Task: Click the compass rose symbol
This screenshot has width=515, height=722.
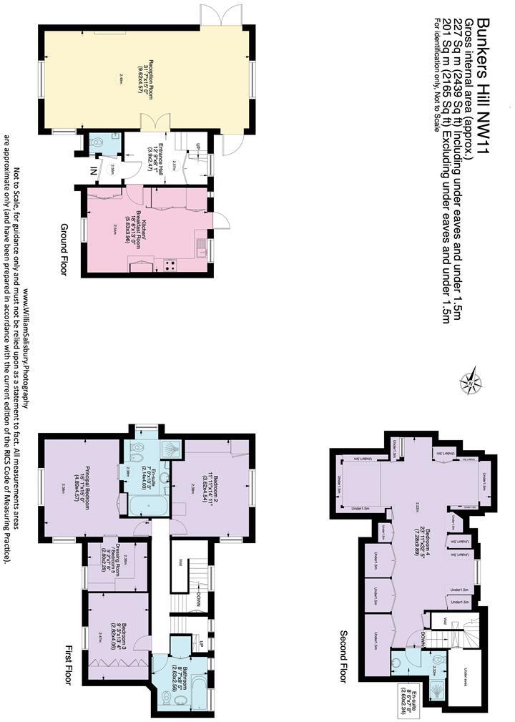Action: [x=473, y=381]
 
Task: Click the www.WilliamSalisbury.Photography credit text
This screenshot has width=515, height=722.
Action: [x=26, y=347]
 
